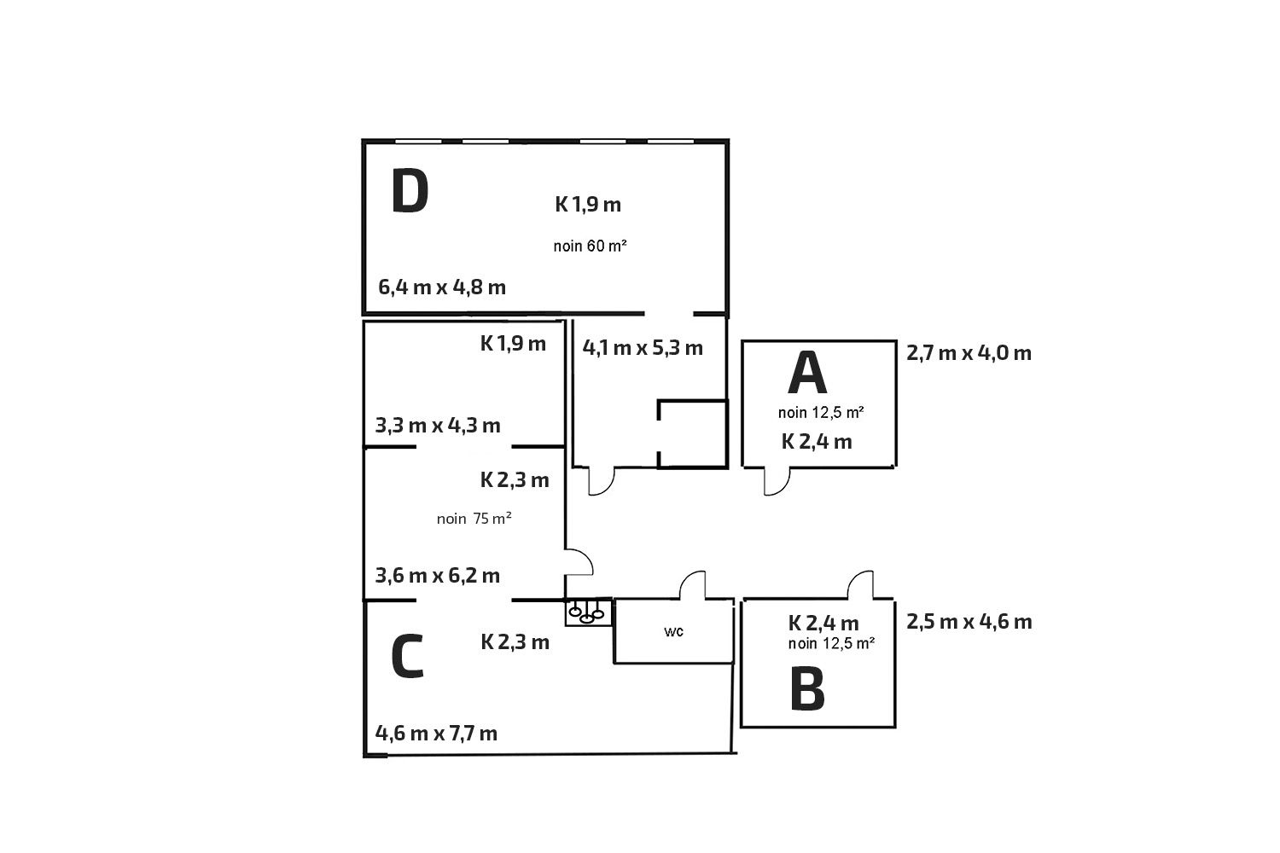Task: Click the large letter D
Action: [x=410, y=192]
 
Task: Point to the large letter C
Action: [x=407, y=657]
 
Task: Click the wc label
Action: [x=674, y=632]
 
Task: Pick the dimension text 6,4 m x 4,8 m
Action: [x=442, y=287]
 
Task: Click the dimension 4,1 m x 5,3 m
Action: [x=643, y=347]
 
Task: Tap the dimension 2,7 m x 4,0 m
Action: [x=969, y=353]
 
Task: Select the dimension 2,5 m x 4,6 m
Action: [x=969, y=622]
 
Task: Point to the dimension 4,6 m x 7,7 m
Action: [x=437, y=733]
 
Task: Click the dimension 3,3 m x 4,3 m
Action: [x=438, y=425]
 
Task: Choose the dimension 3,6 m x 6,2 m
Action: [x=438, y=575]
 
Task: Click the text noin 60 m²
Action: [x=591, y=247]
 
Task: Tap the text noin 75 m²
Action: [x=474, y=519]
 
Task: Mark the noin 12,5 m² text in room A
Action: [x=821, y=413]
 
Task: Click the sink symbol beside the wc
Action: [x=588, y=612]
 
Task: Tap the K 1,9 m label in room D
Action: [x=588, y=205]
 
